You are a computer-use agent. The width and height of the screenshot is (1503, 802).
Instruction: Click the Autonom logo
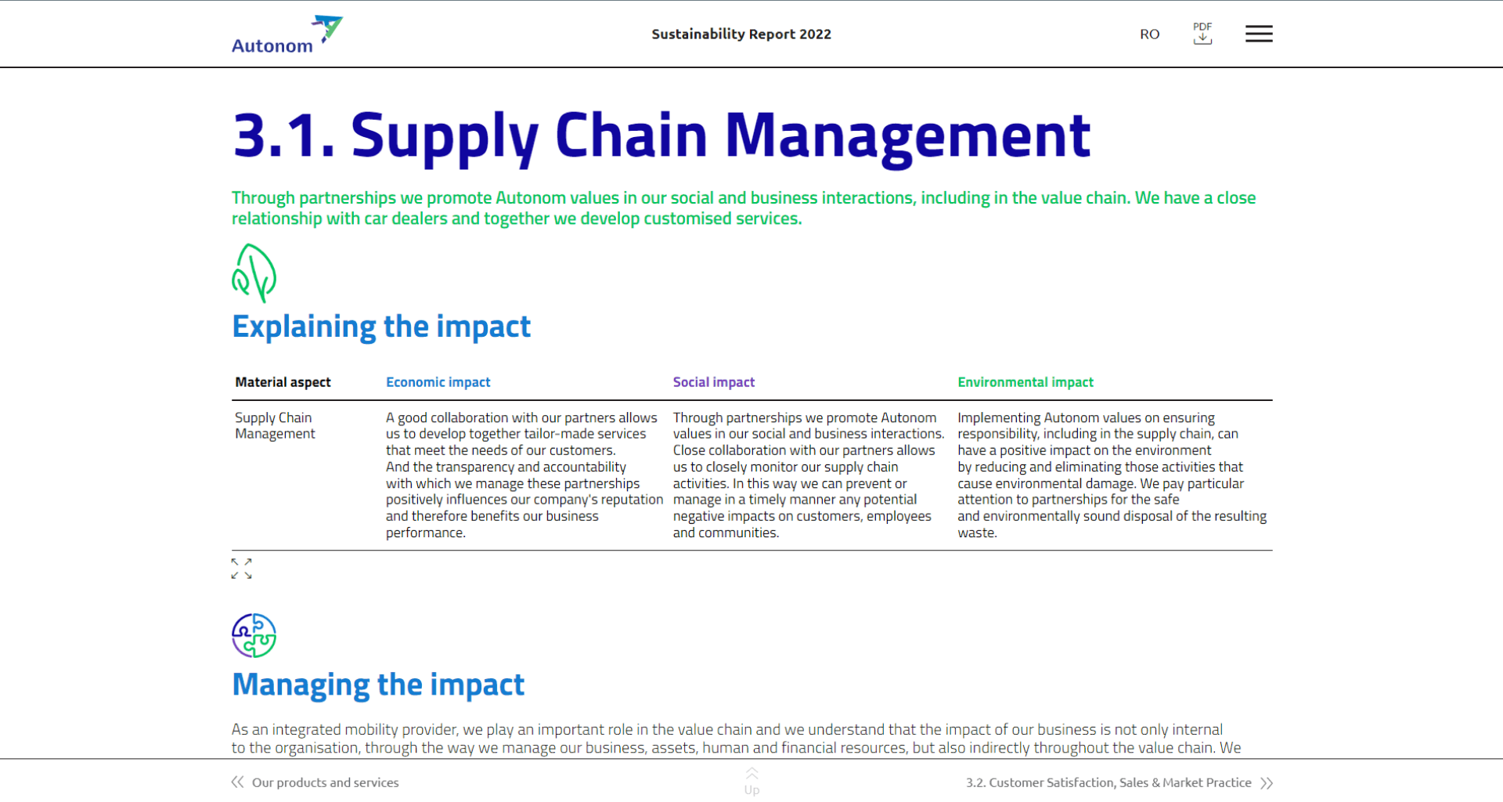287,34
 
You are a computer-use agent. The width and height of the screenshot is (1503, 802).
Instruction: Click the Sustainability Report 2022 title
741,34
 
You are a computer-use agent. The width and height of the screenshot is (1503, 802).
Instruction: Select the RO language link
1149,34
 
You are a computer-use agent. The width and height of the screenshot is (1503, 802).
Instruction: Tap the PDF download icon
1202,33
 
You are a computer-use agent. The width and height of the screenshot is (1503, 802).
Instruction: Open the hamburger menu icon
1259,34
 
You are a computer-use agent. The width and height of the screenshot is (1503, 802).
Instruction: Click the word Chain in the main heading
631,135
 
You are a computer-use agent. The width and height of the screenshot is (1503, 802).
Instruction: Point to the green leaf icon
254,273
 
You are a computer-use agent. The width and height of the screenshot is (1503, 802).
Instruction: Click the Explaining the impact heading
381,327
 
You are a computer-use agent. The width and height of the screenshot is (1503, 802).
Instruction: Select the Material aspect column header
283,382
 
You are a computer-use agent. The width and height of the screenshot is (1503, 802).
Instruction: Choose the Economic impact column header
438,382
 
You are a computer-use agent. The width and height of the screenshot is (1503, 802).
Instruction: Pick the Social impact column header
714,382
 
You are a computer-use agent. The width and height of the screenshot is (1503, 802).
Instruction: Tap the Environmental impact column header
1025,382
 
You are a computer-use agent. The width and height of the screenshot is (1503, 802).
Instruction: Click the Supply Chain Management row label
275,426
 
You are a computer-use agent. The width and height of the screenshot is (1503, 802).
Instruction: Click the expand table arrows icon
242,569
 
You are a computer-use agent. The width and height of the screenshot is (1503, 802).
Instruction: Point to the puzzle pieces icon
254,635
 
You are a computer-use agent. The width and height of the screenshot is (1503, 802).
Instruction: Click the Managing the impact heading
378,685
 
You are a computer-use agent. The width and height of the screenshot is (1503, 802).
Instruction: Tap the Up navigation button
751,782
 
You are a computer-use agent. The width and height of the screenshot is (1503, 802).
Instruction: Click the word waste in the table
976,533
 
